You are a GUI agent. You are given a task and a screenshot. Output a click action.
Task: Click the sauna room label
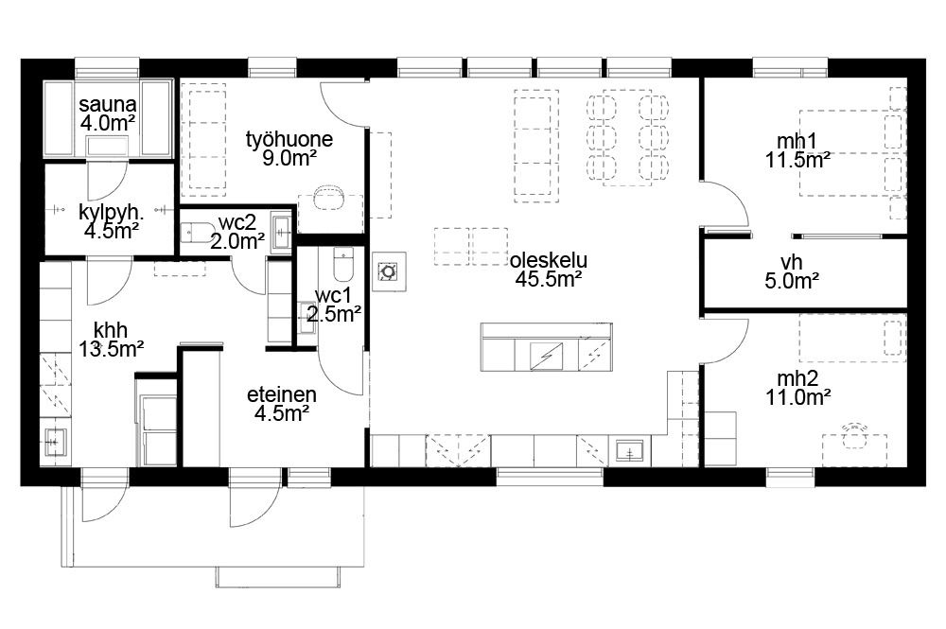[108, 114]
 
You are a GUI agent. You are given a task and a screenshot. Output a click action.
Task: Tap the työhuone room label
[289, 149]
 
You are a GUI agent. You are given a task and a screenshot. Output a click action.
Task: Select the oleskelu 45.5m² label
[549, 270]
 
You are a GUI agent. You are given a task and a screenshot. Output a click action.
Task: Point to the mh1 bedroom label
[797, 150]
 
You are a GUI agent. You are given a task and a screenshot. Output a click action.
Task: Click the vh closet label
[792, 271]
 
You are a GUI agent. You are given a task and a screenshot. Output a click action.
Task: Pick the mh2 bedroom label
[797, 388]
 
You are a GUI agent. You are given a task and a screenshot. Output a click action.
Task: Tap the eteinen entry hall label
[282, 404]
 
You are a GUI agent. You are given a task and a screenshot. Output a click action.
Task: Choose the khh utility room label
[111, 339]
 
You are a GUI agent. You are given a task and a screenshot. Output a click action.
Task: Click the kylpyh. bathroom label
[111, 221]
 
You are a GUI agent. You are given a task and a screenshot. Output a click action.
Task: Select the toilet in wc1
[343, 264]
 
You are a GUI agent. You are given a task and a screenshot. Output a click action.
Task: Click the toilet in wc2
[198, 232]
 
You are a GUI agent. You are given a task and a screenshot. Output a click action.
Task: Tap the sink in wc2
[281, 230]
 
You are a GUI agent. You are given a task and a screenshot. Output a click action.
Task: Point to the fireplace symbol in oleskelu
[387, 272]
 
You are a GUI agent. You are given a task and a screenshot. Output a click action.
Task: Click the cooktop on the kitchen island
[546, 356]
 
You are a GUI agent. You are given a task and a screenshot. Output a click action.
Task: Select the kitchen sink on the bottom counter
[629, 450]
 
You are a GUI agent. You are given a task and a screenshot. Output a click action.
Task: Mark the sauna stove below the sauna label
[108, 147]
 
